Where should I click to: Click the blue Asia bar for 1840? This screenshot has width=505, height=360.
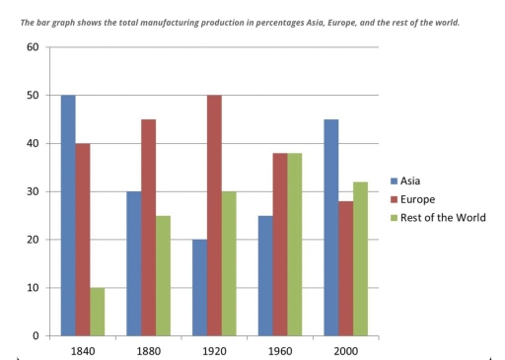[67, 216]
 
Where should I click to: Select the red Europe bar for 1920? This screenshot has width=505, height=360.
[215, 216]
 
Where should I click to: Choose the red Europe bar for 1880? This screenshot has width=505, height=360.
[149, 228]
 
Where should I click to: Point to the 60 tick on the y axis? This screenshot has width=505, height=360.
[33, 47]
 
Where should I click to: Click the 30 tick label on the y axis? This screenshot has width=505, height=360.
[33, 191]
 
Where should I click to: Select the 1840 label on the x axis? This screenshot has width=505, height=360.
[84, 348]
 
